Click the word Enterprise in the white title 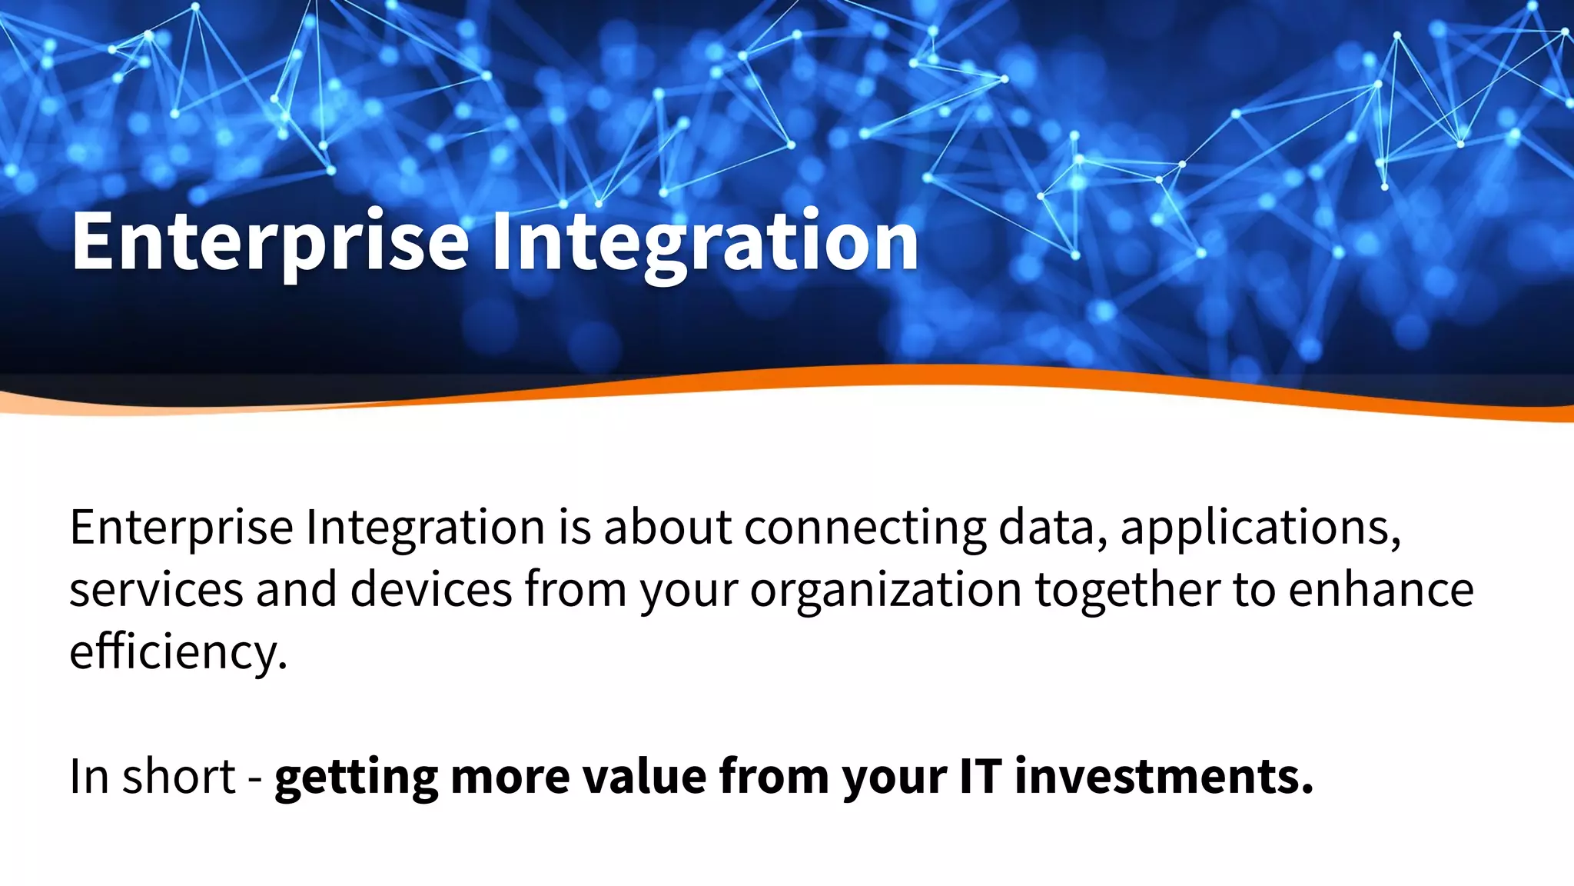click(x=269, y=242)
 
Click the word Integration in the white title click(x=704, y=242)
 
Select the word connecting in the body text click(x=865, y=528)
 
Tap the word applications click(x=1260, y=528)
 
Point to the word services click(x=156, y=591)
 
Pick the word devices click(x=431, y=591)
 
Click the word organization click(x=885, y=591)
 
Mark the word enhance click(x=1381, y=591)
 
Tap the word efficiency click(x=178, y=652)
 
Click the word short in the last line click(x=178, y=776)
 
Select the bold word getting click(x=356, y=778)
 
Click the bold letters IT click(x=980, y=776)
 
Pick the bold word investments click(x=1164, y=776)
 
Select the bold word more click(x=510, y=778)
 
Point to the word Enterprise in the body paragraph click(x=181, y=528)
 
